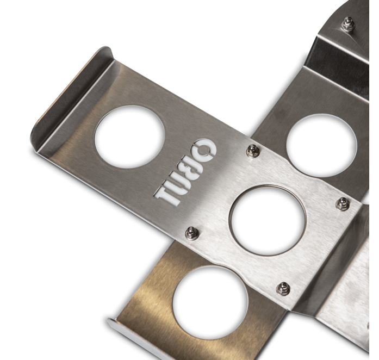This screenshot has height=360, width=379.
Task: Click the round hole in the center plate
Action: [x=268, y=220]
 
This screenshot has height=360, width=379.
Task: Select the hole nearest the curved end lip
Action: [x=129, y=136]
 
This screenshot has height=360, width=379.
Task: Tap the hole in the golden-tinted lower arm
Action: [x=210, y=302]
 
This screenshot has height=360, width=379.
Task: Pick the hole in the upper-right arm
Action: [x=321, y=145]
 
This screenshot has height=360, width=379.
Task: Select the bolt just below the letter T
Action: [x=191, y=233]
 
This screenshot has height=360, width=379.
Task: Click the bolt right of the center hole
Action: [x=342, y=204]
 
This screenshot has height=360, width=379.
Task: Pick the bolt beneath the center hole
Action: [x=283, y=288]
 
